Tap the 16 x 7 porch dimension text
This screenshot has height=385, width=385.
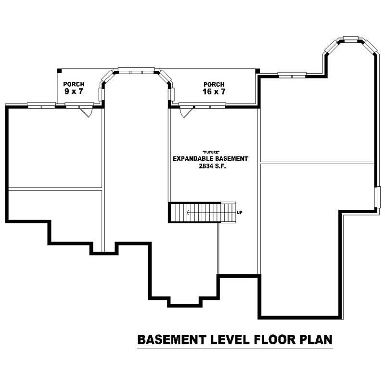214,91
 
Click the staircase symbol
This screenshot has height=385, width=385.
202,212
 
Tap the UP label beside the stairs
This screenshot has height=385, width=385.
240,212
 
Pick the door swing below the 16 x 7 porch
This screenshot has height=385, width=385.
185,112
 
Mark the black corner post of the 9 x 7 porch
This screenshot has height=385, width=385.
59,71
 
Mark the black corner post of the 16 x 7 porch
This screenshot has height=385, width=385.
257,71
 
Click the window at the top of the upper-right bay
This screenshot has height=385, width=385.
350,38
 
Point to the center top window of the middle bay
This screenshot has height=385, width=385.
136,70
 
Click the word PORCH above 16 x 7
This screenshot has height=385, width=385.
214,84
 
